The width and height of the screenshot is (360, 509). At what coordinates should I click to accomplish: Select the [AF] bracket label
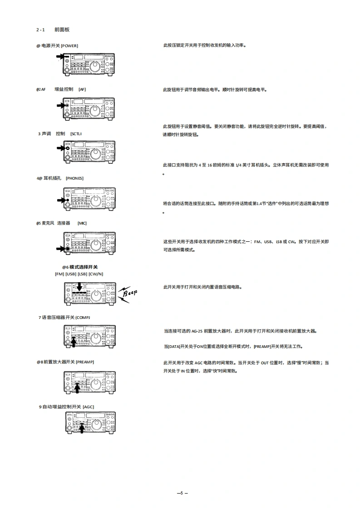pos(82,89)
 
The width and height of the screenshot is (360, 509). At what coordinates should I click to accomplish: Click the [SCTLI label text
pos(76,134)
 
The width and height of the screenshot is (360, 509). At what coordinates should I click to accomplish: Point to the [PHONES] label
pos(74,178)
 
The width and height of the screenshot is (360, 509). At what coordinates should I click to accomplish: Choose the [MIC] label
pos(82,223)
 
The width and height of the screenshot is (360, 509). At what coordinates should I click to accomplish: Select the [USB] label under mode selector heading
pos(71,274)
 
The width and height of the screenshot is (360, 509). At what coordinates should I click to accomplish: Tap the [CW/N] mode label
pos(96,274)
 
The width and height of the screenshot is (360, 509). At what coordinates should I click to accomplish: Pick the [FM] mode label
pos(59,274)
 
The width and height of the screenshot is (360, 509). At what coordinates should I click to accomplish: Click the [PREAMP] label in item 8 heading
pos(85,362)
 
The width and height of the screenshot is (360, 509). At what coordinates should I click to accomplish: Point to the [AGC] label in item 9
pos(88,407)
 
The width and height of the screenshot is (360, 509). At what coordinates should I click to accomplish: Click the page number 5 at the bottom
pos(181,493)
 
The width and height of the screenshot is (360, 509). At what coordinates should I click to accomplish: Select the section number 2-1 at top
pos(41,30)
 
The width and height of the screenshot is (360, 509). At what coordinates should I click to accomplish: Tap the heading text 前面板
pos(62,30)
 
